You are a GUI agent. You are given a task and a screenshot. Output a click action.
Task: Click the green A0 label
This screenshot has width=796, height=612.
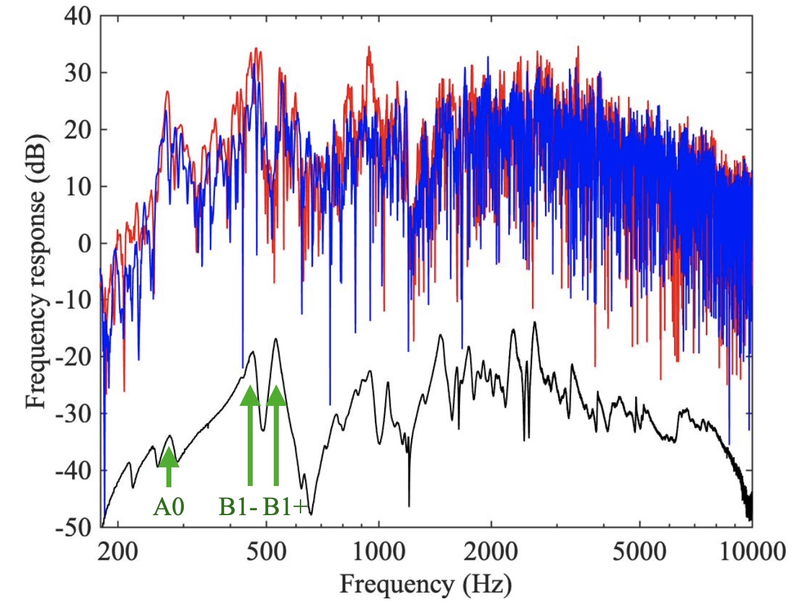click(169, 507)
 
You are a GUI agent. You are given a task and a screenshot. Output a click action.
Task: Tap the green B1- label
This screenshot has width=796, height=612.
click(238, 507)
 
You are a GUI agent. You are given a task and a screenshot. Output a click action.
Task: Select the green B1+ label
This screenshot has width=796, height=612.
click(285, 507)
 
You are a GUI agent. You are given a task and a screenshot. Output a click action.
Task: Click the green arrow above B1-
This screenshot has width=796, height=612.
click(250, 434)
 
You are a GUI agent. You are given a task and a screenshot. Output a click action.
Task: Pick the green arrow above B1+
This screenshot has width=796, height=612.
click(276, 434)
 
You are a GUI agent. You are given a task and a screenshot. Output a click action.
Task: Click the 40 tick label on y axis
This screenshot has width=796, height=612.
click(77, 16)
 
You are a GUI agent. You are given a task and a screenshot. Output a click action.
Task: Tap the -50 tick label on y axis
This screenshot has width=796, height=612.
click(73, 527)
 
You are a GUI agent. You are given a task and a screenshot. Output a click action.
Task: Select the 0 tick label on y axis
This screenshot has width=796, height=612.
click(84, 243)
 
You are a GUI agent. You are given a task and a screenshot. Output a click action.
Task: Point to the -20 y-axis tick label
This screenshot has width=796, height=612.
click(73, 357)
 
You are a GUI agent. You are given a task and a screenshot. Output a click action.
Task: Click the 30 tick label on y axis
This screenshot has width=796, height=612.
click(77, 73)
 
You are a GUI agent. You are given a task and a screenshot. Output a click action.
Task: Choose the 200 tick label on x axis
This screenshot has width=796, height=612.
click(117, 551)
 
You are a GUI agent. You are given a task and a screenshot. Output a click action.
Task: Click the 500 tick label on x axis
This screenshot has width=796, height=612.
click(266, 551)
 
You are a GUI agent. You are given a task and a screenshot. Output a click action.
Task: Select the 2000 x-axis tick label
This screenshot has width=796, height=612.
click(491, 551)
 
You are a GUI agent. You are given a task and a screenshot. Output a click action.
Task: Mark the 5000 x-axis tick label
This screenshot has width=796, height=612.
click(640, 551)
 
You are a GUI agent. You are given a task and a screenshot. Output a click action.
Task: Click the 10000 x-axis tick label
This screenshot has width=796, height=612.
click(751, 551)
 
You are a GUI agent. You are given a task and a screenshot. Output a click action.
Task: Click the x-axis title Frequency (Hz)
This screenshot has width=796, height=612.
click(425, 584)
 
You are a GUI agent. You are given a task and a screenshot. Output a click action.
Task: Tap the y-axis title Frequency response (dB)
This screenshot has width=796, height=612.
click(37, 271)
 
